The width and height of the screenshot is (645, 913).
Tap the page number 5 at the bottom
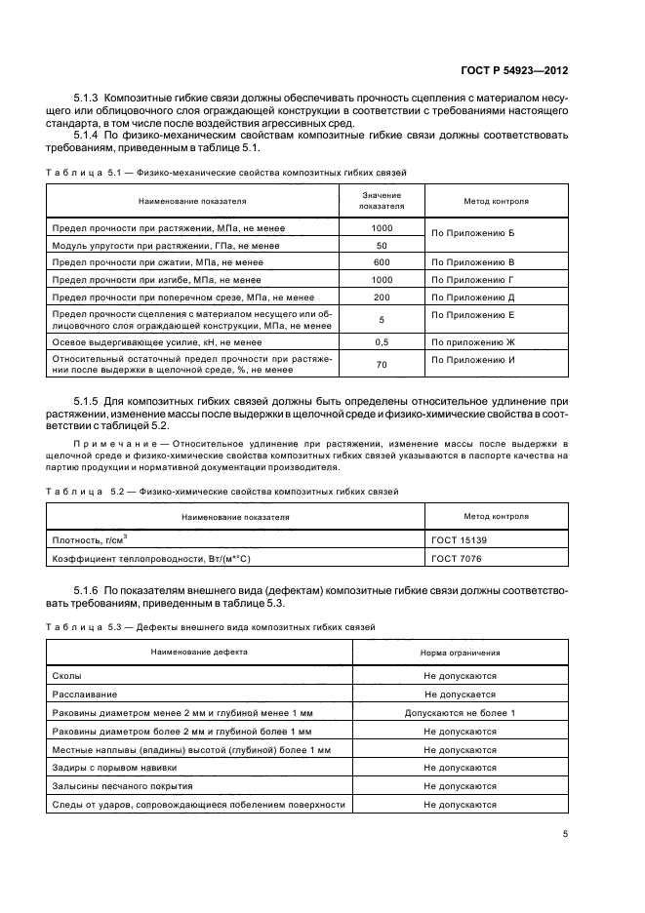click(x=566, y=834)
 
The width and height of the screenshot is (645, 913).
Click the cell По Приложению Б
click(x=472, y=235)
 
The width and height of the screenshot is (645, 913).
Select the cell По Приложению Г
click(x=472, y=280)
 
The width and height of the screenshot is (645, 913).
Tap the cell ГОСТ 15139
click(x=459, y=538)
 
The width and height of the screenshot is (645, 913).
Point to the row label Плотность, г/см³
click(x=88, y=538)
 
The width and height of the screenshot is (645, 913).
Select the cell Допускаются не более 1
click(x=460, y=713)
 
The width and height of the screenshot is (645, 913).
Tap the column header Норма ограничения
click(x=460, y=652)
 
